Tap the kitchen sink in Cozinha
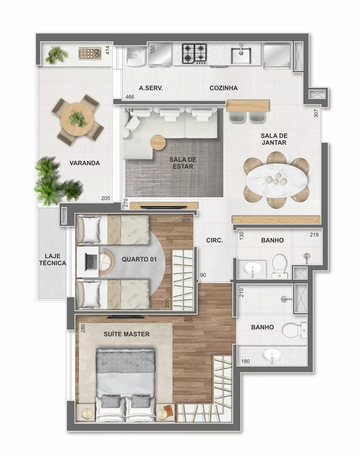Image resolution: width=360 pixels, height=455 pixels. [x=241, y=55]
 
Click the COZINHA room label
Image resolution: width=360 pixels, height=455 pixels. [x=223, y=88]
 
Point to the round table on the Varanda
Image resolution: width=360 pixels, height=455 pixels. [x=76, y=119]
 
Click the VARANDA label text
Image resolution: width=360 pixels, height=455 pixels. [x=85, y=163]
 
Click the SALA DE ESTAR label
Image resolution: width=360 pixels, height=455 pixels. [x=183, y=163]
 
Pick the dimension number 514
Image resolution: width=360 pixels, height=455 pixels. [x=129, y=111]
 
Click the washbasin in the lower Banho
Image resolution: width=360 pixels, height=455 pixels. [x=272, y=355]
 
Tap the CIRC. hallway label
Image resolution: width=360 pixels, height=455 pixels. [x=214, y=241]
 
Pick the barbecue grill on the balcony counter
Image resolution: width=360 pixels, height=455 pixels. [x=89, y=54]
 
